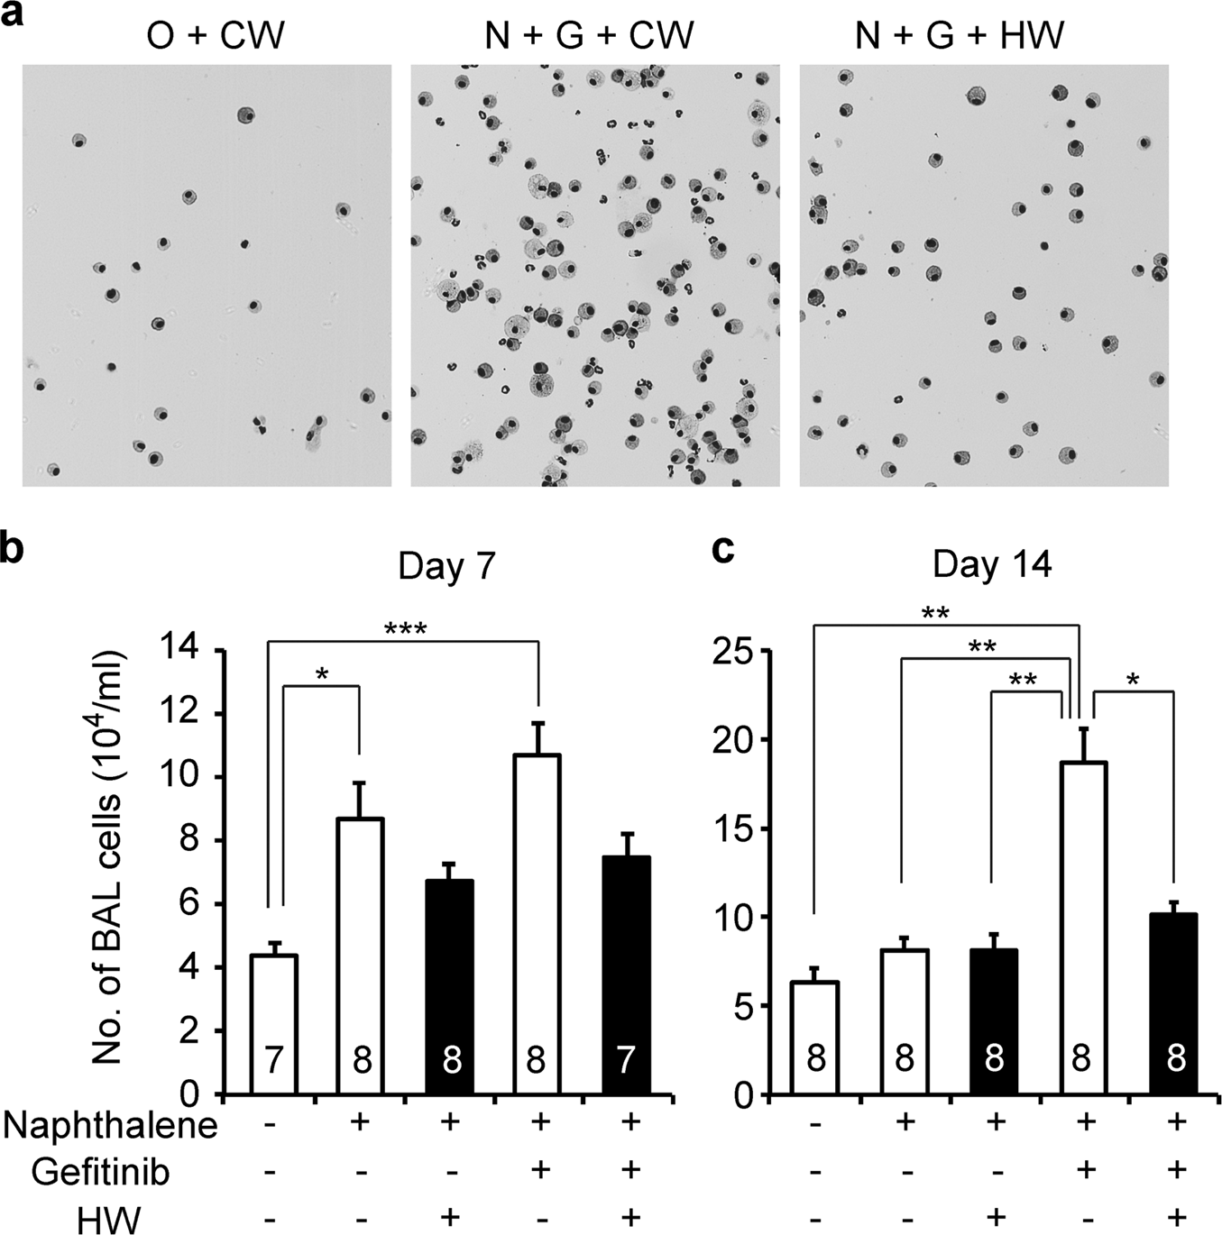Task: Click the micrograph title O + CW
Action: tap(216, 35)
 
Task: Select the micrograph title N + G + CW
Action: tap(588, 35)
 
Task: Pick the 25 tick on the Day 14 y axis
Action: tap(732, 650)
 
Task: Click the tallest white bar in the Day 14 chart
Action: tap(1083, 929)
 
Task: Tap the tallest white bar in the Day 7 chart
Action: tap(537, 924)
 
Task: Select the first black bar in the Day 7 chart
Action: tap(450, 987)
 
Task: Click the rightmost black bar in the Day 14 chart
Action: tap(1173, 1004)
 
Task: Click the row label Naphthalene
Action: tap(110, 1126)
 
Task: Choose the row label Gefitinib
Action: tap(101, 1173)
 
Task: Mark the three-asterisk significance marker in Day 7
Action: tap(405, 629)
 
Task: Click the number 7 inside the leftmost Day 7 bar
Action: tap(274, 1061)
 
